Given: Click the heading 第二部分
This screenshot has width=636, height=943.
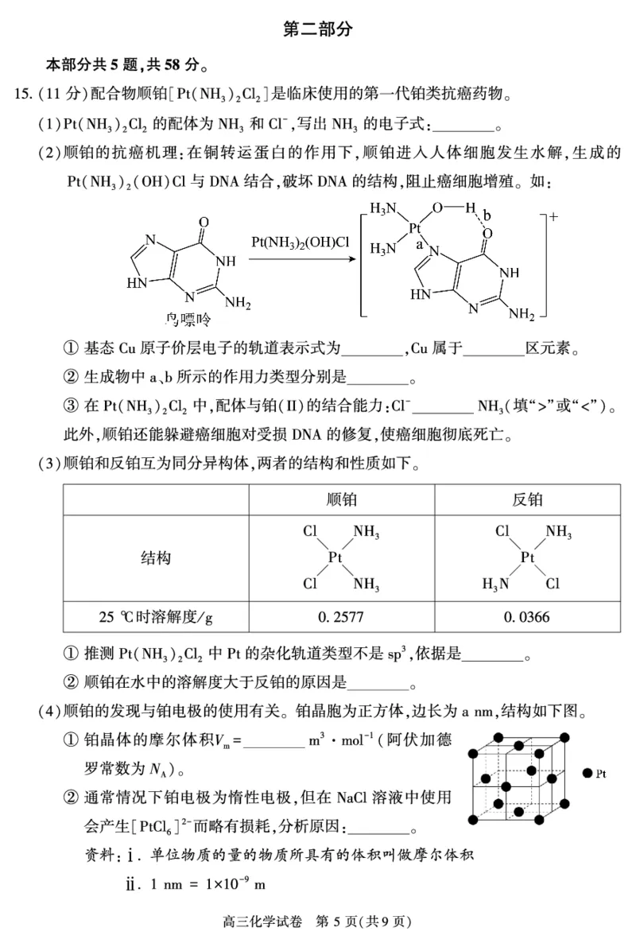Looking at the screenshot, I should pos(317,30).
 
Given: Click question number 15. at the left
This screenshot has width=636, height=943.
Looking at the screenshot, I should pos(24,94).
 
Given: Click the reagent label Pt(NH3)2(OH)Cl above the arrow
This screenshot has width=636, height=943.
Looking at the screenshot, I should pos(301,241).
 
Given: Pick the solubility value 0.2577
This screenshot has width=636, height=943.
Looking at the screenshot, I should pos(342,617).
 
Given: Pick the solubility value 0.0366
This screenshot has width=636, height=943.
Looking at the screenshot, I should pos(527,617).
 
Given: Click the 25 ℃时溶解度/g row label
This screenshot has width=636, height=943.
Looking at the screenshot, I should pos(156,617).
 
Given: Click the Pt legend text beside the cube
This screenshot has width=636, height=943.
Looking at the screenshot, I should pos(601,772).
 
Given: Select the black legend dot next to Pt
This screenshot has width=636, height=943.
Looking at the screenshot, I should pos(586,772).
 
